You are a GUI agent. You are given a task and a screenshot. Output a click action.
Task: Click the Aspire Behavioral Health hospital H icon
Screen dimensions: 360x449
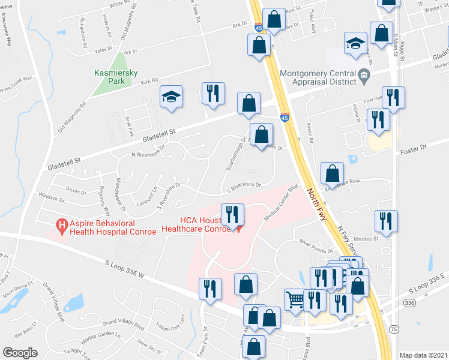point(61,226)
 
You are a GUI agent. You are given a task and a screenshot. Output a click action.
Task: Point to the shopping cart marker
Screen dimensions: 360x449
point(295,299)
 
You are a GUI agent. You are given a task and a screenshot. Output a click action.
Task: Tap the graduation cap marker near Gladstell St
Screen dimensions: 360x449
point(171,97)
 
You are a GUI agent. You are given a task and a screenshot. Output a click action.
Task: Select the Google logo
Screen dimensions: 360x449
point(20,353)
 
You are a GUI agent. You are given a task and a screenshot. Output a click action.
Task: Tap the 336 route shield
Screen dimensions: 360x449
point(410,304)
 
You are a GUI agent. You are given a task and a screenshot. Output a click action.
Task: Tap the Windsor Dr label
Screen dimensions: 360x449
point(50,196)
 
